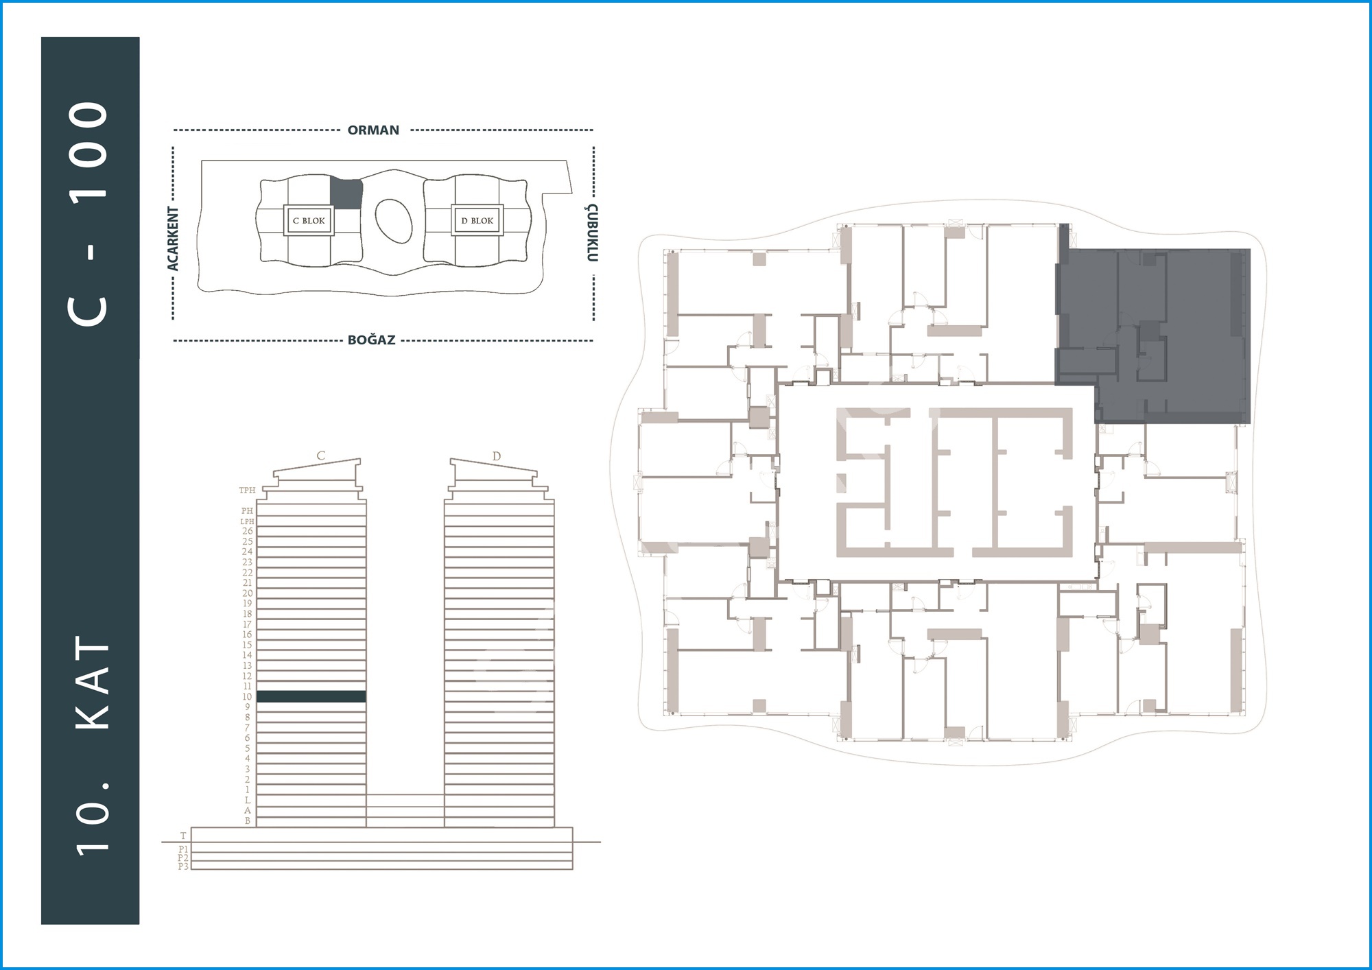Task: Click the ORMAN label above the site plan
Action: coord(373,130)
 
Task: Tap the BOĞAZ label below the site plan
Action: coord(372,340)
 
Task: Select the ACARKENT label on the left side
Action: coord(174,239)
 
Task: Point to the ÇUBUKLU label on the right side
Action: coord(593,233)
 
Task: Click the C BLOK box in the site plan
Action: coord(309,221)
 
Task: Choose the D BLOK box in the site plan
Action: coord(477,221)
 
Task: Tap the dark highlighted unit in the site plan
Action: coord(346,194)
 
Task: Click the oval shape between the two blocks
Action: coord(394,221)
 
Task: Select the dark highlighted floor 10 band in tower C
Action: coord(311,696)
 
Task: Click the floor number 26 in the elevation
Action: coord(248,531)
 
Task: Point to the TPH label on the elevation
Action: coord(247,490)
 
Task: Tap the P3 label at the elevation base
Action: coord(183,866)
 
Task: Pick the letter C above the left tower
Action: coord(320,456)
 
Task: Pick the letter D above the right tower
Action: coord(497,456)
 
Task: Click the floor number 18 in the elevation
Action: coord(248,614)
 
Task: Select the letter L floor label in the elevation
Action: coord(248,801)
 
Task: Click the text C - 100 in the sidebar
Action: coord(89,213)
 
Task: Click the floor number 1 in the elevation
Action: coord(248,790)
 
